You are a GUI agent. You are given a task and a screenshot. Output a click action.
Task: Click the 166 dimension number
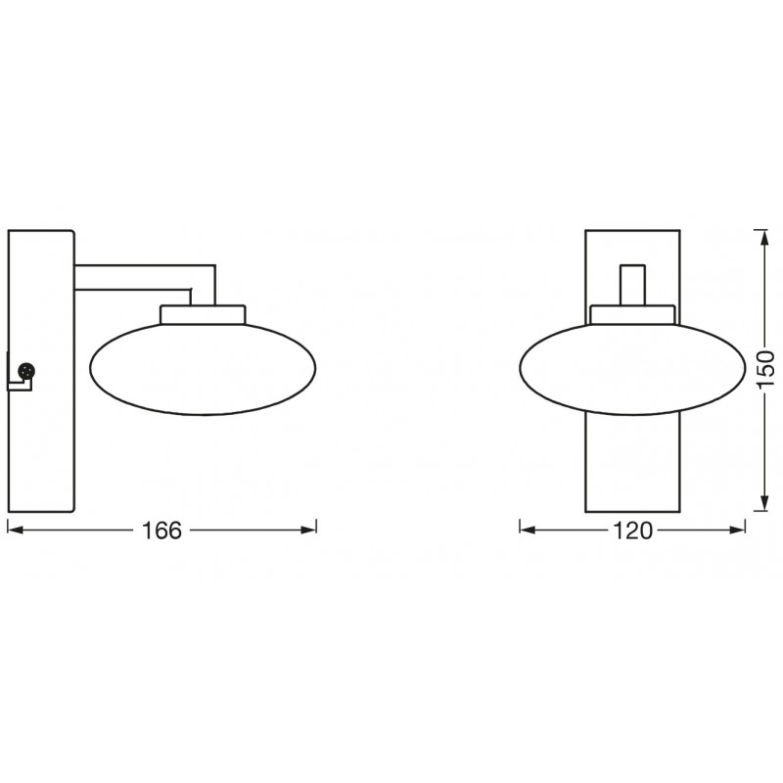(161, 530)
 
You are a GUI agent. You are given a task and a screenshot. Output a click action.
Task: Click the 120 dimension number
(632, 530)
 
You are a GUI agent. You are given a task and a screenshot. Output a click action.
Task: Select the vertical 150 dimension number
(764, 369)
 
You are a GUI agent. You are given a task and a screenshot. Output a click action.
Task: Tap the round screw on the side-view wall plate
(26, 371)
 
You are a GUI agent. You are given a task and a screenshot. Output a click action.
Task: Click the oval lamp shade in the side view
(203, 368)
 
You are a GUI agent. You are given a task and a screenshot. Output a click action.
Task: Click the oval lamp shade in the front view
(632, 368)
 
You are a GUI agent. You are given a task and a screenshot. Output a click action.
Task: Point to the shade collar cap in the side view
(203, 314)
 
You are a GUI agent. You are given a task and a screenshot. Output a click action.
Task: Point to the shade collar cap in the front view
(632, 314)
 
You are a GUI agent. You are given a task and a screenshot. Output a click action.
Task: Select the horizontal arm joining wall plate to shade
(145, 277)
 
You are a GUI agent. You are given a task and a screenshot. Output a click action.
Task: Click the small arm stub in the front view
(632, 285)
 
